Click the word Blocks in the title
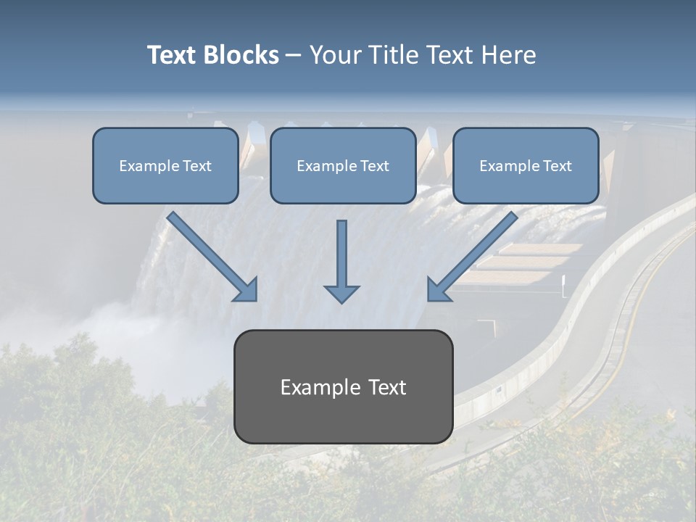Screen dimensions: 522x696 241,55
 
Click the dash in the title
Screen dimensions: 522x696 294,55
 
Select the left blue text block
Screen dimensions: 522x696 165,165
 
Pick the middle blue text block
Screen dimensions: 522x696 343,165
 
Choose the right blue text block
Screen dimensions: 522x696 526,165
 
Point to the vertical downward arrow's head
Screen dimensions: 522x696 341,294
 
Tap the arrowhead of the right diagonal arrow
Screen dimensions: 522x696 437,291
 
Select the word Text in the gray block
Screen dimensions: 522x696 388,387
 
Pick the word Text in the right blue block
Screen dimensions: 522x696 557,166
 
